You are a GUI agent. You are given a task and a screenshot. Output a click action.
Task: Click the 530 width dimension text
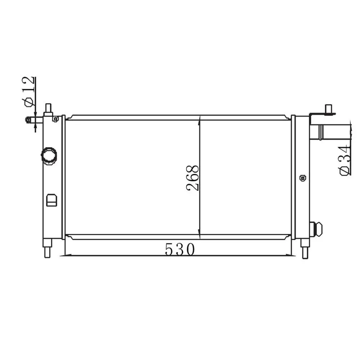(x=180, y=249)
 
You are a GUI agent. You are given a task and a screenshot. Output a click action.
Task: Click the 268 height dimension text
(x=192, y=178)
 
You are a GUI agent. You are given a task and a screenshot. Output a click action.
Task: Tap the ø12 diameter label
(x=29, y=91)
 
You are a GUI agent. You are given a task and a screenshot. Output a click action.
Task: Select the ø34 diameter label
(x=345, y=160)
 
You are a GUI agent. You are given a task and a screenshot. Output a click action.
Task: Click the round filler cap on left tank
(x=49, y=156)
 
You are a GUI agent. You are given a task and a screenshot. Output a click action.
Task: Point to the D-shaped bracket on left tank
(x=51, y=200)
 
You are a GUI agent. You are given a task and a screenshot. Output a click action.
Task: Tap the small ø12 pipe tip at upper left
(x=28, y=120)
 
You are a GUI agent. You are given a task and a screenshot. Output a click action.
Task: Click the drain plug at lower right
(x=316, y=229)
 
